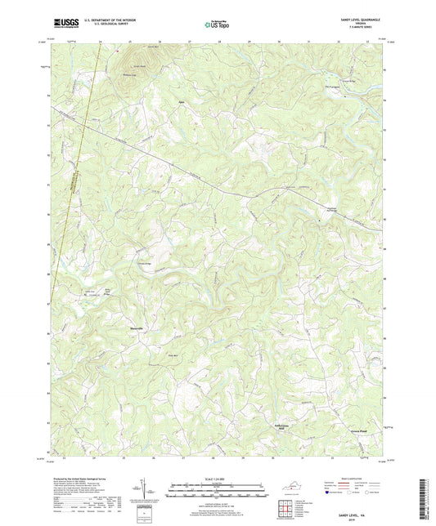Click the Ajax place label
coord(182,103)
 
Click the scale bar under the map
coord(218,491)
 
